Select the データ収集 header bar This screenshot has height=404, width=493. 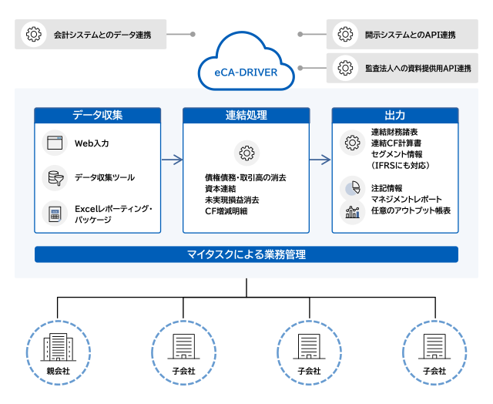coord(98,115)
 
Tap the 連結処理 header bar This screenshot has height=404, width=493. coord(246,115)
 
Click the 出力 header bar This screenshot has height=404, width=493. coord(394,115)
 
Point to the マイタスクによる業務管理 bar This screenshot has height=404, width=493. coord(246,254)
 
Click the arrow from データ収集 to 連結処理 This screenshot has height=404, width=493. coord(172,160)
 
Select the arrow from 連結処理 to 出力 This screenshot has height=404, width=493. coord(320,160)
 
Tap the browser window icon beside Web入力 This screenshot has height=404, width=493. coord(54,143)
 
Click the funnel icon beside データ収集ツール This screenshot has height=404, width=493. coord(54,178)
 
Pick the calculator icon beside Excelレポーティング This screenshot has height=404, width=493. coord(54,214)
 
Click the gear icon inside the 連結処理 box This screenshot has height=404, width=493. coord(246,153)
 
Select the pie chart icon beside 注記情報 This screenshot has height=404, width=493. coord(352,187)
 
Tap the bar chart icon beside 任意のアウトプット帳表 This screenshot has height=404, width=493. coord(352,210)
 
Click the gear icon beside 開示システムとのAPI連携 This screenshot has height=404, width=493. coord(344,35)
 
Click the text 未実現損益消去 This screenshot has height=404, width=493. coord(232,200)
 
